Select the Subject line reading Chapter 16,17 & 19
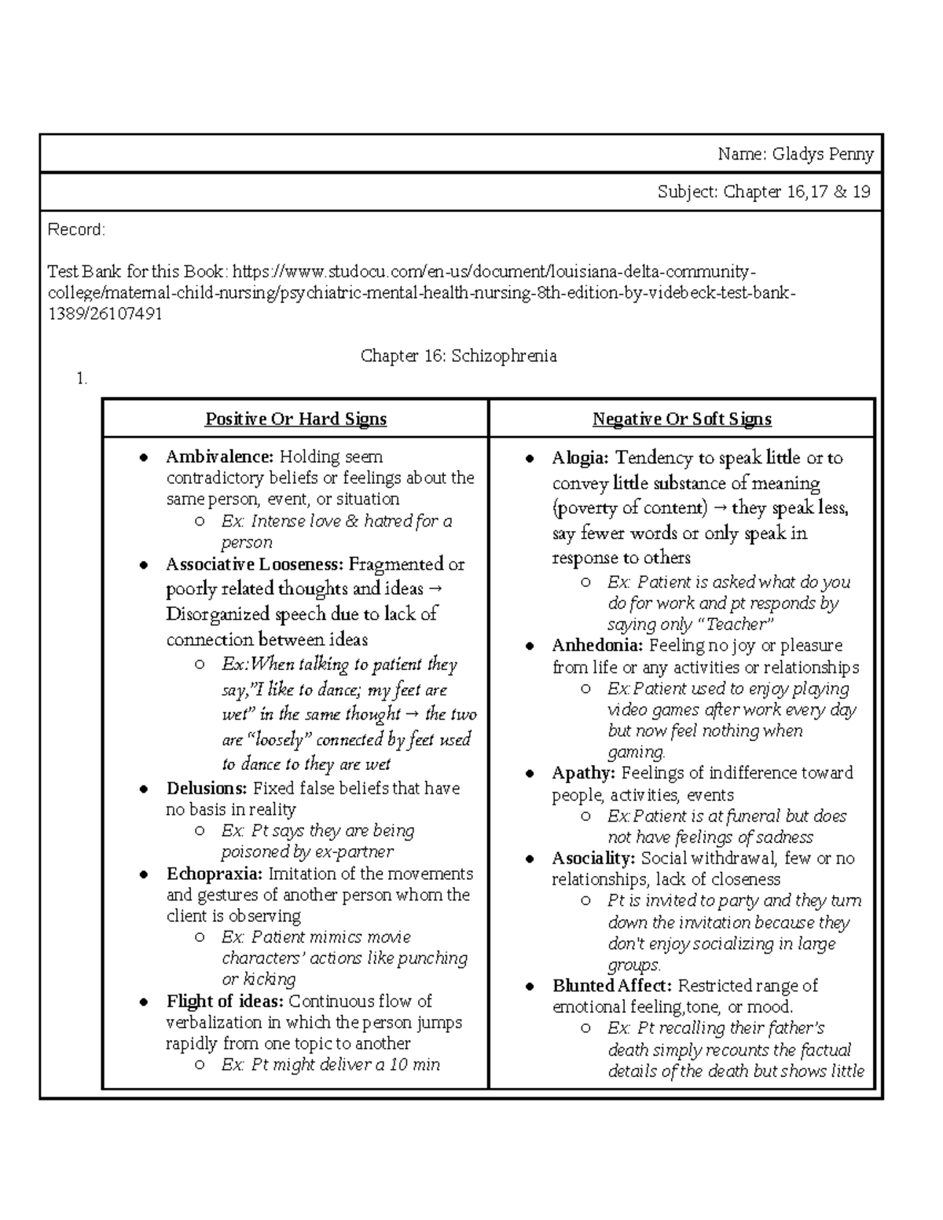(x=764, y=192)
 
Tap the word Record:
(x=75, y=229)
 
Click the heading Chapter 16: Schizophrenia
(x=458, y=356)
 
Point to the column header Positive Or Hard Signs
(x=295, y=419)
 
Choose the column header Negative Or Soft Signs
(x=681, y=419)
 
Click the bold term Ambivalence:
(x=219, y=456)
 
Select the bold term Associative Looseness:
(x=255, y=564)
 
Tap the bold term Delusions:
(x=207, y=788)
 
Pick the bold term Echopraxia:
(x=215, y=874)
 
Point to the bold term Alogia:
(x=580, y=458)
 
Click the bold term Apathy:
(x=583, y=773)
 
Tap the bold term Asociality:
(x=593, y=858)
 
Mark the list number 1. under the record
(x=82, y=379)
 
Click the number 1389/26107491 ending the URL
(x=105, y=314)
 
